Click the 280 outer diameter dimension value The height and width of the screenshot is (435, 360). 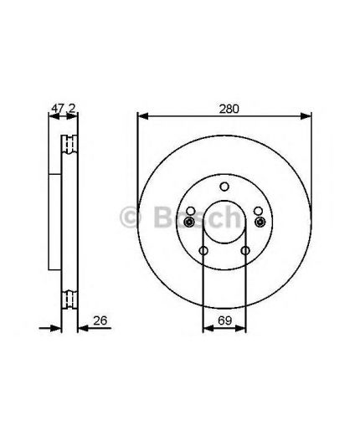pyautogui.click(x=224, y=107)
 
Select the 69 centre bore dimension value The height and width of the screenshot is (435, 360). pyautogui.click(x=224, y=320)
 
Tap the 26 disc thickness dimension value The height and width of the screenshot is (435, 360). pyautogui.click(x=100, y=320)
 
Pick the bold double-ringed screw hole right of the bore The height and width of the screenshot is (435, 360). pyautogui.click(x=260, y=222)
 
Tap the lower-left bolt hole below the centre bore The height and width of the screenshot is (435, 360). pyautogui.click(x=203, y=250)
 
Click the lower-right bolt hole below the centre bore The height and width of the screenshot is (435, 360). pyautogui.click(x=244, y=250)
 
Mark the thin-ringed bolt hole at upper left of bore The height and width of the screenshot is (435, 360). pyautogui.click(x=191, y=211)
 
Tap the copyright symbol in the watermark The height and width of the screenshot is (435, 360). pyautogui.click(x=132, y=219)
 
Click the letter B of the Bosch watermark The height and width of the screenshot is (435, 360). pyautogui.click(x=162, y=219)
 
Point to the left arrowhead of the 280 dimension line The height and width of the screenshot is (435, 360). pyautogui.click(x=141, y=118)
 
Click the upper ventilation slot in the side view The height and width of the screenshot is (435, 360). pyautogui.click(x=68, y=145)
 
